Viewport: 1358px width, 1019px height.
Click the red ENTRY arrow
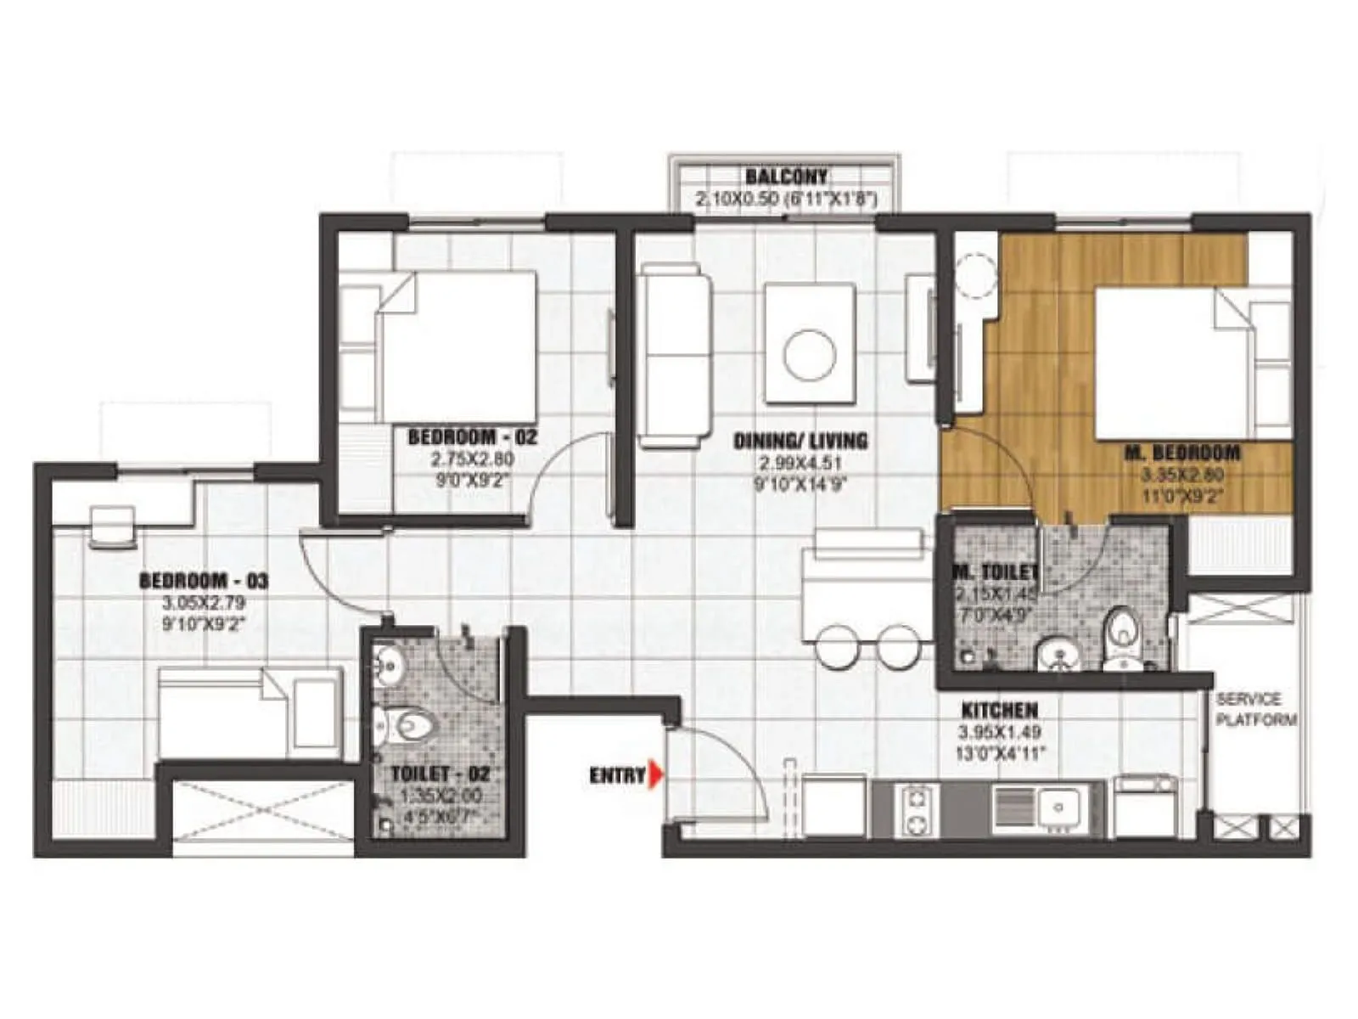(x=654, y=774)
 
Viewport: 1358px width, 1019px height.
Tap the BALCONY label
(x=785, y=177)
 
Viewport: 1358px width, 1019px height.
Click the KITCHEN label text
(x=999, y=710)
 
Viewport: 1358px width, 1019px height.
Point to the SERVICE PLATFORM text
(x=1256, y=710)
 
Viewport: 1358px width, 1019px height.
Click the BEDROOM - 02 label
(x=473, y=438)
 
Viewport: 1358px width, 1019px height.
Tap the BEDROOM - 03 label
(x=204, y=582)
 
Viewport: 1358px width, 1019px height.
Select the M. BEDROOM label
(x=1182, y=453)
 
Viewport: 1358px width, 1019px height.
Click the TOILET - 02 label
(x=440, y=774)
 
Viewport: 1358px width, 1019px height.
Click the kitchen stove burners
(x=916, y=811)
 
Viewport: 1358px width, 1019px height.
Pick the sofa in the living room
(x=676, y=355)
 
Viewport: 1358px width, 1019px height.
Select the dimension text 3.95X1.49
(x=999, y=732)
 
